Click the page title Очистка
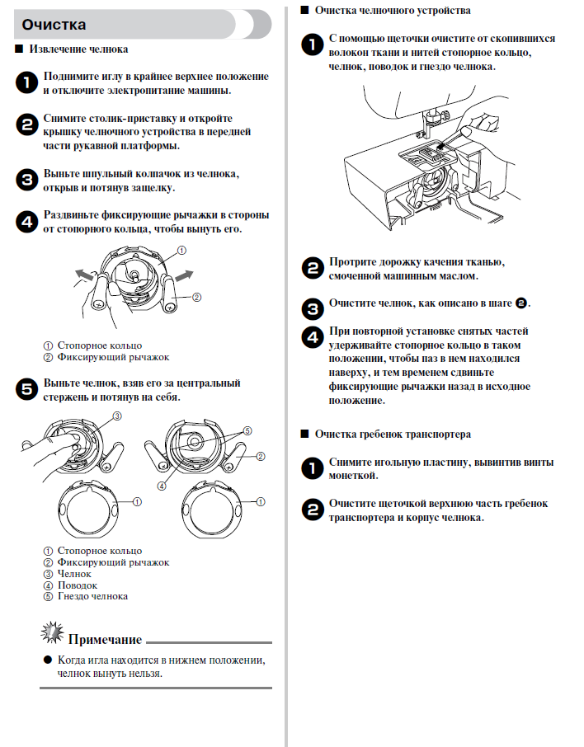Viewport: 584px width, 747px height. (54, 25)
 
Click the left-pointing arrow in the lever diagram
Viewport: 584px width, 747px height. (82, 272)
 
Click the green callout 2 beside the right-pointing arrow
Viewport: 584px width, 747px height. (197, 297)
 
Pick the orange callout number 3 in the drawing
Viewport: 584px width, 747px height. (116, 416)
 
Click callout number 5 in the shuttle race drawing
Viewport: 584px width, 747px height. (247, 430)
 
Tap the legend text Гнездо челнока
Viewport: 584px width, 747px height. (92, 596)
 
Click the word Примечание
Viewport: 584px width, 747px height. (105, 639)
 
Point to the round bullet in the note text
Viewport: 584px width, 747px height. (47, 660)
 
